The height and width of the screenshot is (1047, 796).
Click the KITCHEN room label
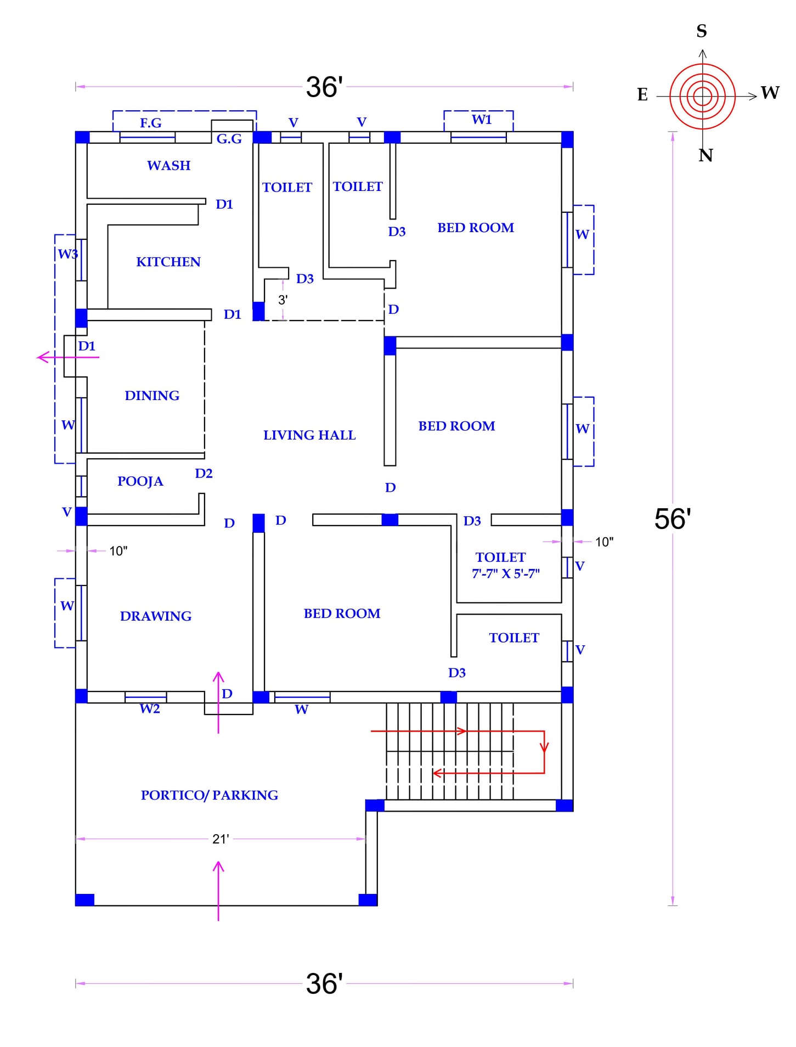[168, 262]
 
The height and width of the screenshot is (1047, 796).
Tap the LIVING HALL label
[309, 435]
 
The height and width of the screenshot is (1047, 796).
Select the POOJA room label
[140, 481]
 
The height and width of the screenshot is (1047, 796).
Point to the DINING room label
[152, 396]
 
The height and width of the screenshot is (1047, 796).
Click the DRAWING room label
[156, 616]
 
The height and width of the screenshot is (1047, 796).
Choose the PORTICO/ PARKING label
[210, 795]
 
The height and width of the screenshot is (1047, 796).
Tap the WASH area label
[169, 166]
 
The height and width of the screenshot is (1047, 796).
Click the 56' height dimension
[673, 519]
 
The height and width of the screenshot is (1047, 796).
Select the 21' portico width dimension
[221, 839]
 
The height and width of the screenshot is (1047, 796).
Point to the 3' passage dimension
[283, 300]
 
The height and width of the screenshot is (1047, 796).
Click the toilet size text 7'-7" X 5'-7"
[506, 573]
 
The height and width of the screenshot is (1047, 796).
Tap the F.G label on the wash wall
[151, 123]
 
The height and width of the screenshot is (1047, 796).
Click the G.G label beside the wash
[229, 139]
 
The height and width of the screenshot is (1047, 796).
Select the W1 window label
[482, 120]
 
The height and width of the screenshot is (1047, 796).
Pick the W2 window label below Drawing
[150, 708]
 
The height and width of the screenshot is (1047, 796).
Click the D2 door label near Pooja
[204, 473]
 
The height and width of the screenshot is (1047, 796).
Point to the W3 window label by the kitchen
[68, 254]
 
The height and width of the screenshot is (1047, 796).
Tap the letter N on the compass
[705, 155]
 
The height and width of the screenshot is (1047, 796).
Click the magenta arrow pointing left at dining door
[68, 357]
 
